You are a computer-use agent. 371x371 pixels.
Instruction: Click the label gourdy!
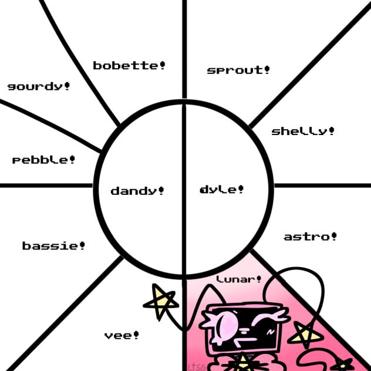tap(39, 86)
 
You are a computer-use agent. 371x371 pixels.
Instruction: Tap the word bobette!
tap(129, 66)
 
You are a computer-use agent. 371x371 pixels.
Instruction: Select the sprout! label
tap(238, 70)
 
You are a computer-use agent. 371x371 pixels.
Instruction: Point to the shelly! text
tap(303, 131)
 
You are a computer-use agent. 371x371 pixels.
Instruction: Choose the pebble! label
tap(43, 160)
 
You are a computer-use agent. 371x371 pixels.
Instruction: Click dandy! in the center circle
tap(137, 191)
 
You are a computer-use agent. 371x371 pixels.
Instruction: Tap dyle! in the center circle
tap(222, 190)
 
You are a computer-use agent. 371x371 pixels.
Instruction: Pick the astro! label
tap(310, 237)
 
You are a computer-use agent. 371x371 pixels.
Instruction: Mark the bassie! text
tap(53, 246)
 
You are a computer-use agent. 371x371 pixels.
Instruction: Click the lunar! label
tap(239, 279)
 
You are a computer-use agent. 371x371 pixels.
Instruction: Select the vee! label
tap(122, 335)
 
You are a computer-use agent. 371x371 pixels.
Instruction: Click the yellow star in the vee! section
tap(161, 301)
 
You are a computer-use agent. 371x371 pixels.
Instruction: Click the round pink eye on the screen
tap(227, 324)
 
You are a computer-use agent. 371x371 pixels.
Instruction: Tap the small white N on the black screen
tap(271, 332)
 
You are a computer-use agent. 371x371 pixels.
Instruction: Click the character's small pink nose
tap(244, 331)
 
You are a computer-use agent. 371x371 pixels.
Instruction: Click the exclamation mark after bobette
tap(162, 65)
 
